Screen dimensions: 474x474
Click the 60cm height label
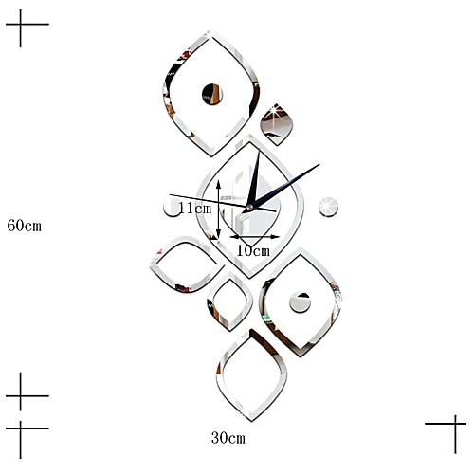click(x=25, y=226)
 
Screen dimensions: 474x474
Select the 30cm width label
click(x=228, y=438)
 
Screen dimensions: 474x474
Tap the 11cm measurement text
click(x=195, y=208)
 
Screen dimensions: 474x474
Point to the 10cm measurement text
click(x=253, y=250)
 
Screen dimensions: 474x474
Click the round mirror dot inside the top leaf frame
click(x=212, y=94)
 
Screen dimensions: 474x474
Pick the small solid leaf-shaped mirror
click(x=277, y=124)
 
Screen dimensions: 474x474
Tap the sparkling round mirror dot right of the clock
click(x=328, y=207)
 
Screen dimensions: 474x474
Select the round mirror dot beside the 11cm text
click(x=171, y=209)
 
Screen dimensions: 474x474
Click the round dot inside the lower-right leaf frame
click(x=300, y=302)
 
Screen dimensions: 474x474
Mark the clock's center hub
click(x=250, y=208)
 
